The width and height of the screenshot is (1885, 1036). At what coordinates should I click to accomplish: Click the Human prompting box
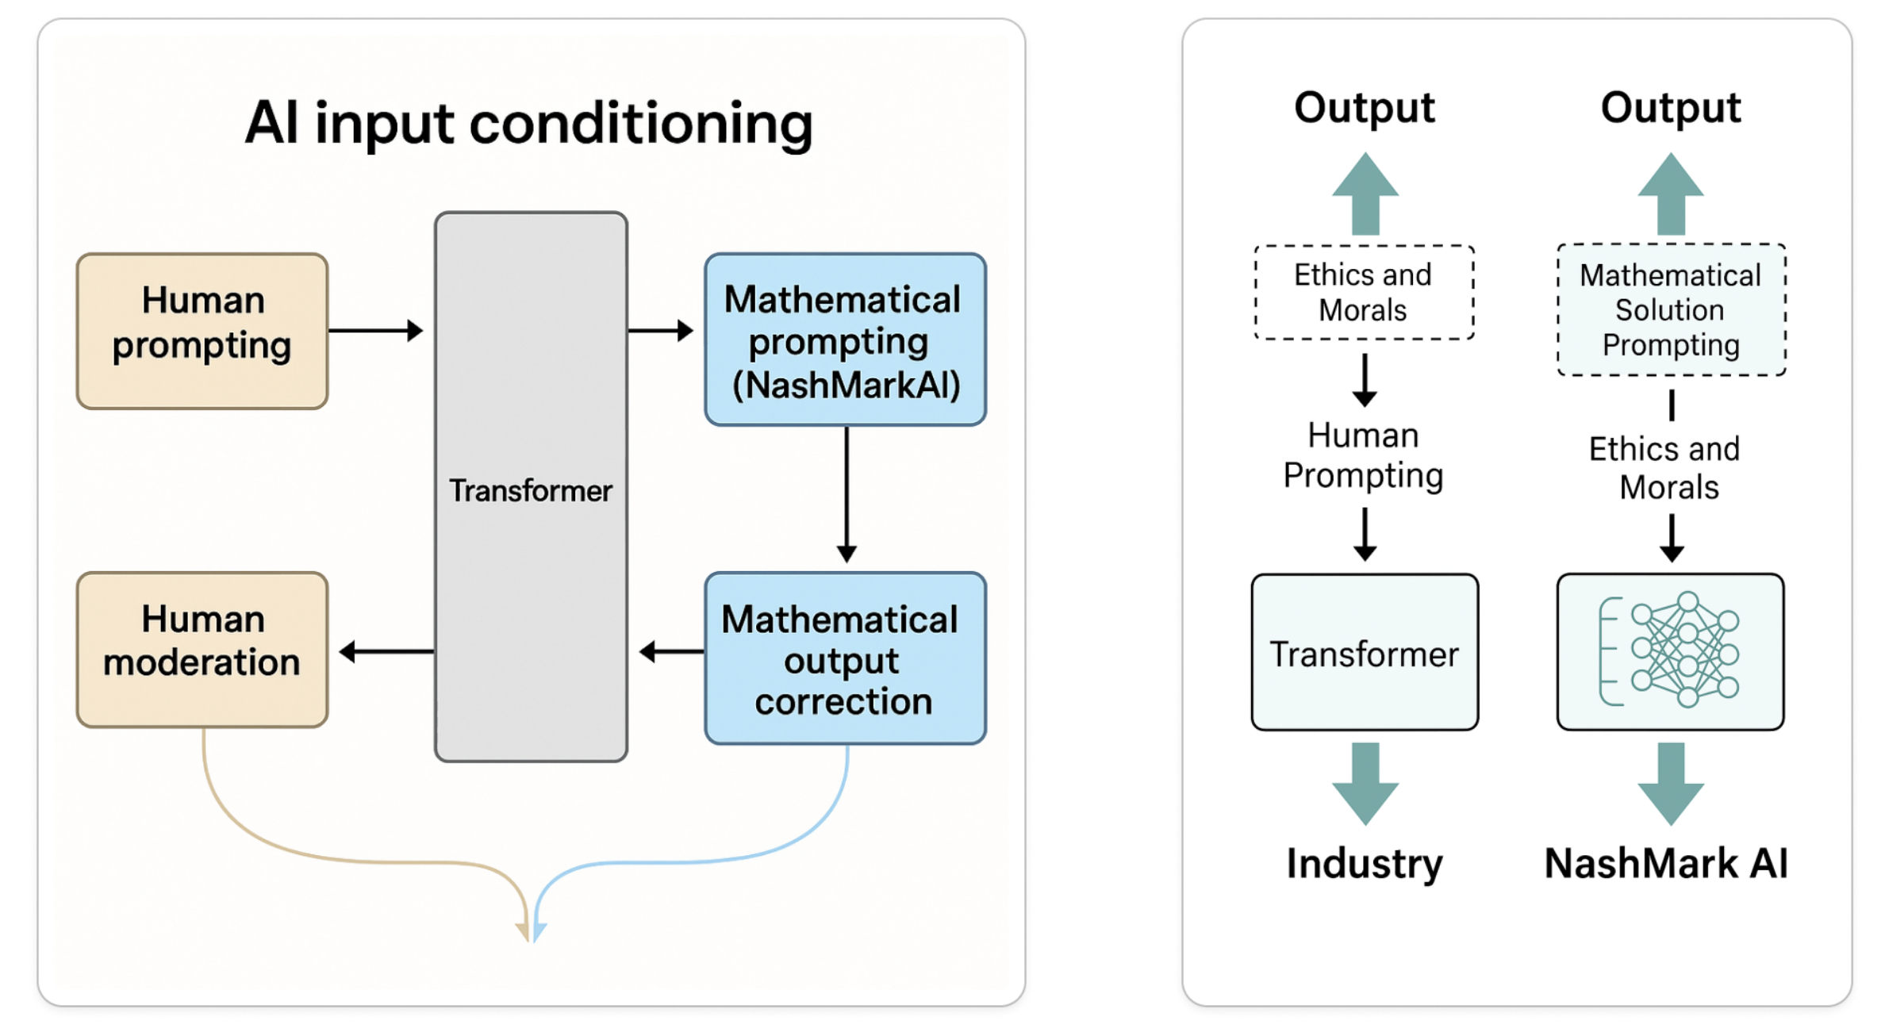[202, 331]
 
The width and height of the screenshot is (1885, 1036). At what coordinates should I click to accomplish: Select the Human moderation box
[202, 649]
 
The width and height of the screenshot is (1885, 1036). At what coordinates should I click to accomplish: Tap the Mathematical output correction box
[845, 658]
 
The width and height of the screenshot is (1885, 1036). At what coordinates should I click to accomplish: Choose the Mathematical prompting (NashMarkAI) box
[845, 340]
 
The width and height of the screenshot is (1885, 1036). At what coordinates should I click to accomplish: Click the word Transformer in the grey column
[530, 491]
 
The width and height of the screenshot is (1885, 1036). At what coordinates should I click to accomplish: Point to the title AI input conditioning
[529, 123]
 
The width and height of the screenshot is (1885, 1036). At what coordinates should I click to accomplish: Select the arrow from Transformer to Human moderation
[386, 651]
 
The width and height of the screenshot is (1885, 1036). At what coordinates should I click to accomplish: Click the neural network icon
[1670, 650]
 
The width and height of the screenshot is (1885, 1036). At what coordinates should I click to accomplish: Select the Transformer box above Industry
[1365, 652]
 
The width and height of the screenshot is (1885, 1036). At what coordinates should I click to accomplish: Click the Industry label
[1365, 863]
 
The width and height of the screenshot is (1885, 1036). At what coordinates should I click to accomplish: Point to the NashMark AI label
[1666, 863]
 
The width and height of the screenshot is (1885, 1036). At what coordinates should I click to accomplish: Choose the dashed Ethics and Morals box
[1364, 293]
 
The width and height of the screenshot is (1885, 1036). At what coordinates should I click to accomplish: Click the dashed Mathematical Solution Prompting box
[1671, 310]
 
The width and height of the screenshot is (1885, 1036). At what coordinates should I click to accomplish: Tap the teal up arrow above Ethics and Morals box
[1365, 194]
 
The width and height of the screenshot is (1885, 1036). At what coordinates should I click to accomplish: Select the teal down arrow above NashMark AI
[1671, 783]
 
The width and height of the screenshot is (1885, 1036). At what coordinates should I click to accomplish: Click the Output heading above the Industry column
[1365, 108]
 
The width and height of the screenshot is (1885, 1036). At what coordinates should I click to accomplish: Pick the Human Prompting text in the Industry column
[1364, 455]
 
